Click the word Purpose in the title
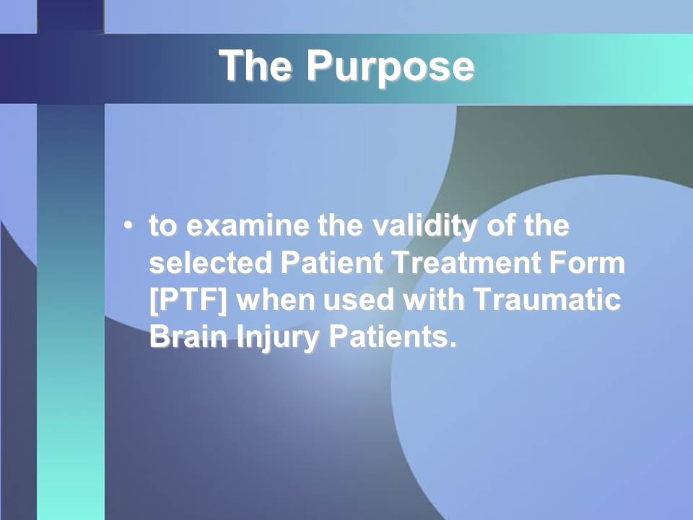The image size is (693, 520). (390, 67)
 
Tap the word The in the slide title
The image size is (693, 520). (255, 65)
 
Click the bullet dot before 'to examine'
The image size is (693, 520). (128, 225)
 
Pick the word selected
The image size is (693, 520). (210, 263)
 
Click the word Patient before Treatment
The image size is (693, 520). (331, 263)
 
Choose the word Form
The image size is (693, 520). (588, 263)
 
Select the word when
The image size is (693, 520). (275, 300)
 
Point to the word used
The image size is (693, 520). (359, 300)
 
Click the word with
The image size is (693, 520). (434, 300)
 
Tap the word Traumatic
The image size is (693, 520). (547, 300)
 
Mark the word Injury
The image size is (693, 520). (278, 339)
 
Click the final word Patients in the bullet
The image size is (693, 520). (393, 337)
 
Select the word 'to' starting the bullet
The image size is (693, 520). (164, 226)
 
